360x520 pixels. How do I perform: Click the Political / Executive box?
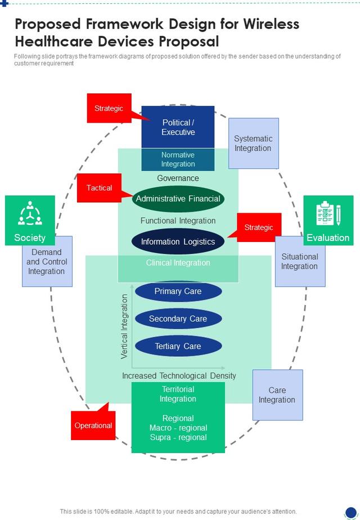coord(178,127)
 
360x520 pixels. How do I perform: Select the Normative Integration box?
coord(178,159)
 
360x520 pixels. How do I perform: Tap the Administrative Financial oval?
coord(178,199)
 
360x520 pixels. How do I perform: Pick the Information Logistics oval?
coord(178,241)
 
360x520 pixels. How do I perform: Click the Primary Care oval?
coord(178,291)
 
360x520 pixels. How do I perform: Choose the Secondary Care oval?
coord(178,319)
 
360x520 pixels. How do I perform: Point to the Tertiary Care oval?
coord(178,346)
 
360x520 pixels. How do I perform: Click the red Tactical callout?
coord(100,188)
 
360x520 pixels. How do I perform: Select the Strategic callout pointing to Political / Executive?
coord(109,108)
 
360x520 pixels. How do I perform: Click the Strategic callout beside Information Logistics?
coord(259,227)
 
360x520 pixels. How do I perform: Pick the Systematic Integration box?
coord(254,144)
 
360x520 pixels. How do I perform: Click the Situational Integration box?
coord(300,261)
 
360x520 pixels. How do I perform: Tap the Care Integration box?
coord(277,395)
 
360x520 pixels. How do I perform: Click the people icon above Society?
coord(30,213)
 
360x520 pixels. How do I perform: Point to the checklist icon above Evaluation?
coord(328,214)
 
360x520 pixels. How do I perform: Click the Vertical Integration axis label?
coord(124,326)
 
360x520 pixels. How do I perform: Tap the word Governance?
coord(178,178)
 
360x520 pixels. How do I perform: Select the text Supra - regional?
coord(178,437)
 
